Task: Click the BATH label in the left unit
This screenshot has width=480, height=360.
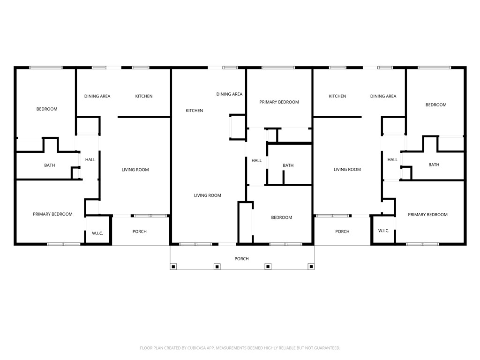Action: [x=49, y=165]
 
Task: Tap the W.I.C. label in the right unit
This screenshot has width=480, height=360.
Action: [x=383, y=231]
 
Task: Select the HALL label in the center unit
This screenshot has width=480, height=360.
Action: [x=256, y=160]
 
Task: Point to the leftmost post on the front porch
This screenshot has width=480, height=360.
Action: [x=173, y=267]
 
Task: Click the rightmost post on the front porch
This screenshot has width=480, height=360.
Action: [x=310, y=267]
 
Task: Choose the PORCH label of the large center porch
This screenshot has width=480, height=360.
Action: [x=241, y=259]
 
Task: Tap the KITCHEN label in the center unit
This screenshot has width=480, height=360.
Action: [x=194, y=111]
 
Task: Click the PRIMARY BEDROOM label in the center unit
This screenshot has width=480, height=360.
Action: [x=279, y=102]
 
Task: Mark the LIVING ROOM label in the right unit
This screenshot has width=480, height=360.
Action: [x=347, y=169]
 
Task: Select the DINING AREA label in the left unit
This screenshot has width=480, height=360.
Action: [x=97, y=96]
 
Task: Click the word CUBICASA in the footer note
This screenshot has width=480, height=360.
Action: [x=194, y=348]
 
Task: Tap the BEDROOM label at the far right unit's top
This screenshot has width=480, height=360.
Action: [x=435, y=105]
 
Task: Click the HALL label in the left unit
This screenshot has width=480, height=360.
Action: [x=90, y=160]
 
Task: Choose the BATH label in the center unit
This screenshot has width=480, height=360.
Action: [x=288, y=165]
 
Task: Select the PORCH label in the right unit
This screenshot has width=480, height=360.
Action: [x=342, y=232]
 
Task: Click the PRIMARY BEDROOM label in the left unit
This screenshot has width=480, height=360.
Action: [x=52, y=214]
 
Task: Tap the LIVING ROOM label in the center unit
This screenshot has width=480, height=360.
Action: [x=207, y=195]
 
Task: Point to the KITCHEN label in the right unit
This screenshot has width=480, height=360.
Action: [x=337, y=96]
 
